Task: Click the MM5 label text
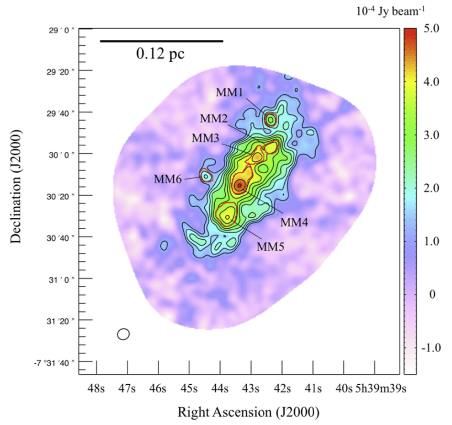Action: (271, 247)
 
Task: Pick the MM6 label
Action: (167, 180)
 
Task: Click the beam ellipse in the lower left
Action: (123, 334)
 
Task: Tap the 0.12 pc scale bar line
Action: (161, 42)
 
